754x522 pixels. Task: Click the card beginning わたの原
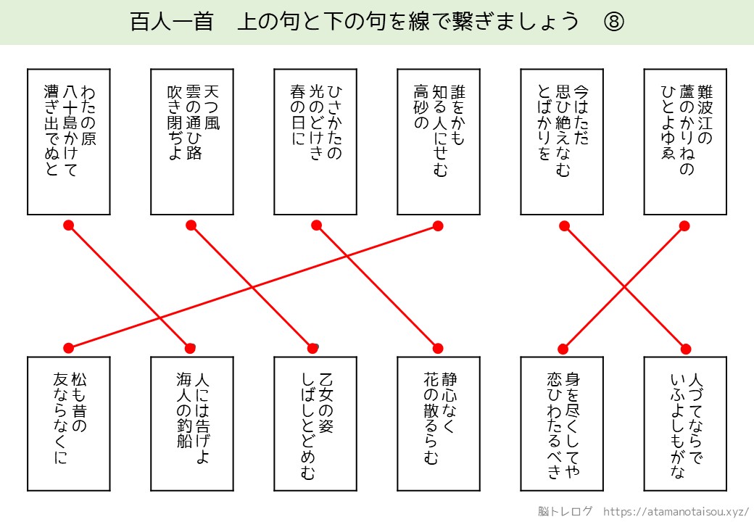coord(68,141)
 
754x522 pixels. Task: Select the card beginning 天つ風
coord(191,141)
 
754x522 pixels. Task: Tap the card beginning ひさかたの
coord(315,141)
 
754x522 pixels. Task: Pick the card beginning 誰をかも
coord(438,141)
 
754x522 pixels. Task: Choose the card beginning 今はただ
coord(561,141)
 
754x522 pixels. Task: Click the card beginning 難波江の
coord(684,141)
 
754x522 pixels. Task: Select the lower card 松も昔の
coord(68,424)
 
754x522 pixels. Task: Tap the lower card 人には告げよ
coord(191,424)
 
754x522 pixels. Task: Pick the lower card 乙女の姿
coord(315,424)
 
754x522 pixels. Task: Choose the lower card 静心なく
coord(438,424)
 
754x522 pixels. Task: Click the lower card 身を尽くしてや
coord(561,424)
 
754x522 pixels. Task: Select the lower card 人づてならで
coord(684,424)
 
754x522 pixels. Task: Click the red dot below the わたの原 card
coord(69,225)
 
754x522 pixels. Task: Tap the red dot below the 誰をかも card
coord(438,225)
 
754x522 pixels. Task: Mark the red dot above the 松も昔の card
coord(68,348)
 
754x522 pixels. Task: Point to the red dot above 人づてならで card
coord(684,348)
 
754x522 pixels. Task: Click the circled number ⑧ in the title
coord(613,22)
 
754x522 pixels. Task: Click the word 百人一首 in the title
coord(171,22)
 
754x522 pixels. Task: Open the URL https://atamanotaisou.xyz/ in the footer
coord(676,510)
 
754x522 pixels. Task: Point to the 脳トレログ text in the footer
coord(565,510)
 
